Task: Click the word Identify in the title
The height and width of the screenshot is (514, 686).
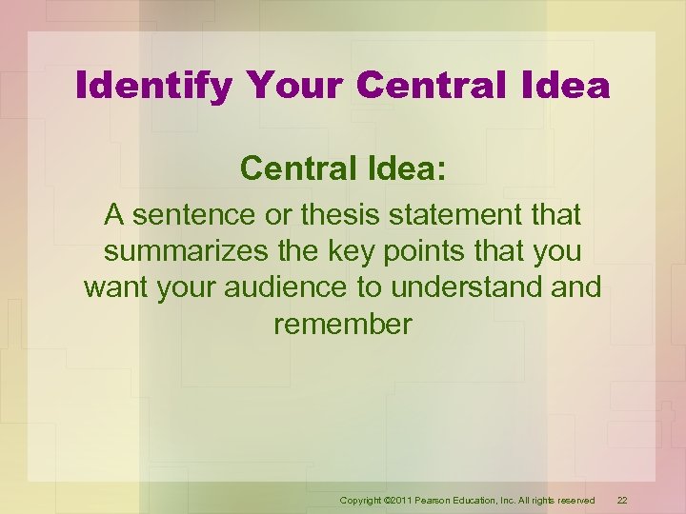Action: [x=152, y=87]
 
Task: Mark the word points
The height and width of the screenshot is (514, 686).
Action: [x=435, y=252]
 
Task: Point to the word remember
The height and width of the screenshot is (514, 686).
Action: [x=343, y=325]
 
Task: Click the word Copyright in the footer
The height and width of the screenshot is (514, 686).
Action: [x=359, y=500]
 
